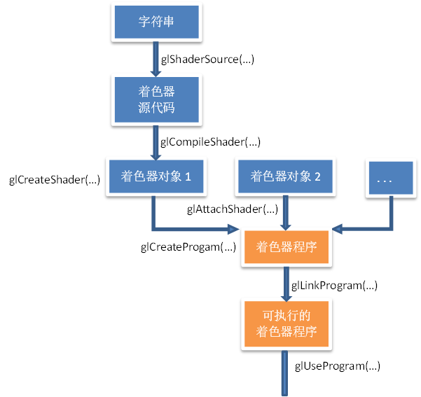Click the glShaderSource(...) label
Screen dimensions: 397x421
[207, 60]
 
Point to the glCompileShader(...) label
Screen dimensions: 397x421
[211, 142]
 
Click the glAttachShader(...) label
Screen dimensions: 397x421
[233, 209]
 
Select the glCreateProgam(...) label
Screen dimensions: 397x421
[189, 246]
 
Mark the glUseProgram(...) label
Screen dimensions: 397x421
[338, 365]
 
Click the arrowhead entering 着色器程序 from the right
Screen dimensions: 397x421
[338, 228]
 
